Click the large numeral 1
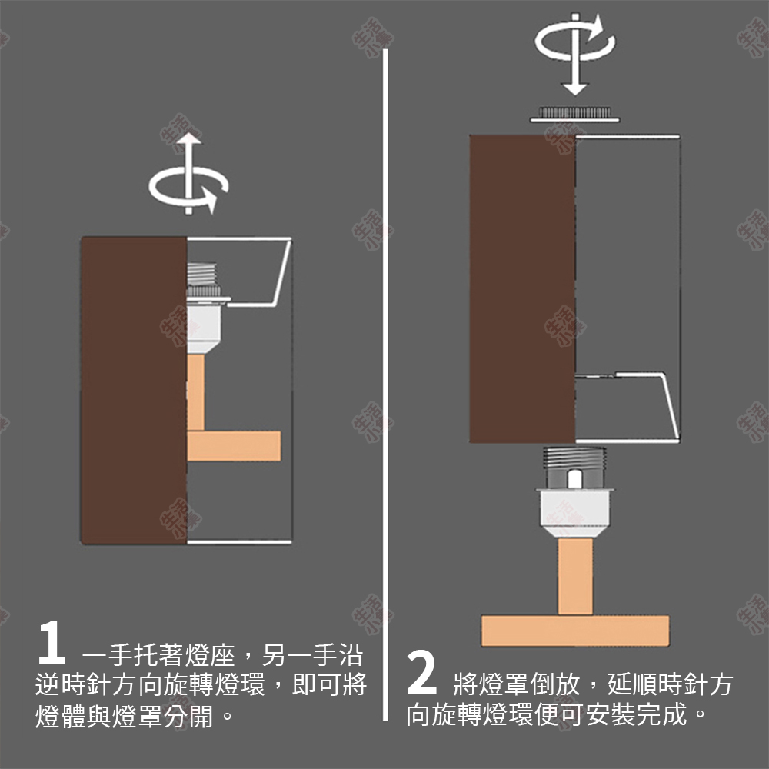[51, 644]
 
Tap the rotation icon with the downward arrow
[574, 48]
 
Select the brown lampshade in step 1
[134, 390]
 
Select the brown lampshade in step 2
[522, 290]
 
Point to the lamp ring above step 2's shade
[574, 114]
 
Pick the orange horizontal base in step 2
[575, 631]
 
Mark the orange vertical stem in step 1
[196, 392]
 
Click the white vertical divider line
[385, 384]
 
